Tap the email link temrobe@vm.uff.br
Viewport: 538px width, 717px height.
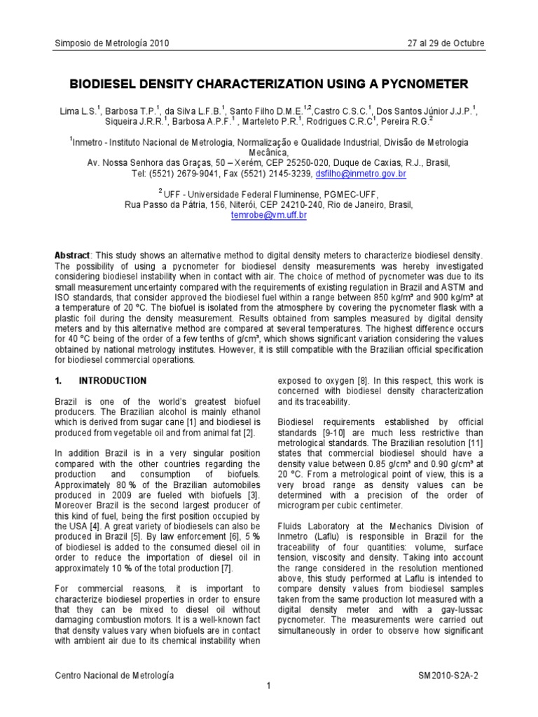[269, 216]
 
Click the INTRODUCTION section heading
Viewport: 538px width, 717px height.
[113, 381]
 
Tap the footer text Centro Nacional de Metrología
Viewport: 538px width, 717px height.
[114, 675]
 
